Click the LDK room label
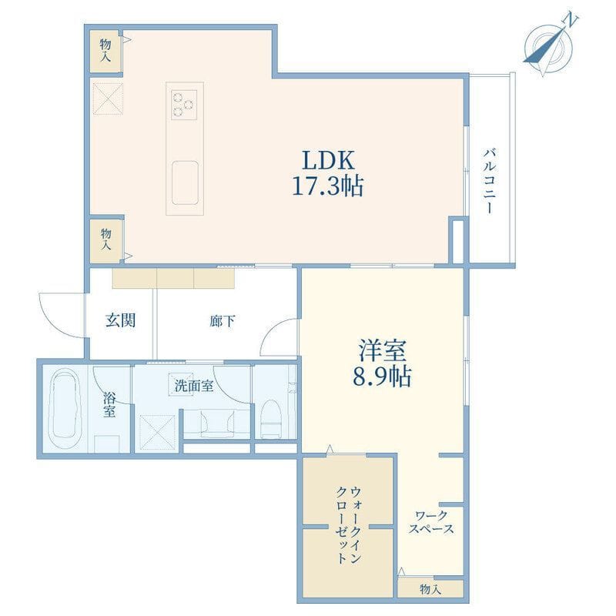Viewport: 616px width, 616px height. [329, 160]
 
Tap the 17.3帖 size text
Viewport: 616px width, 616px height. [328, 186]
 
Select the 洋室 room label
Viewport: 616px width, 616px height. [382, 351]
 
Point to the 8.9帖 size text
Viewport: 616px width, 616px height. [382, 376]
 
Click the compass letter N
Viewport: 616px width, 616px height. [571, 20]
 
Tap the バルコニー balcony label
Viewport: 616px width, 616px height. [489, 180]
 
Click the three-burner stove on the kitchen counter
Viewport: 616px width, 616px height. [184, 105]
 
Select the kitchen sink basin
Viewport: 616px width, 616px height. [185, 182]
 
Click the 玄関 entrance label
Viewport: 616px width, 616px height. [121, 320]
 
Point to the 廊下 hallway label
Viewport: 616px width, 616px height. [223, 321]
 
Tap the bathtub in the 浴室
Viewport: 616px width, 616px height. [66, 409]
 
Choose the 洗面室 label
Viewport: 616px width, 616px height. [194, 386]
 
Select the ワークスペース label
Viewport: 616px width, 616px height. [431, 522]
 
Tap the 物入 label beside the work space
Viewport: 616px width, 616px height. [430, 589]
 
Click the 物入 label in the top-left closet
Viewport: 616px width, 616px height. [105, 50]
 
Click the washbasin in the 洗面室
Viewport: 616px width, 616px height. [216, 423]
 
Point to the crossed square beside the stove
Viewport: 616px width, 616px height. [108, 99]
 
